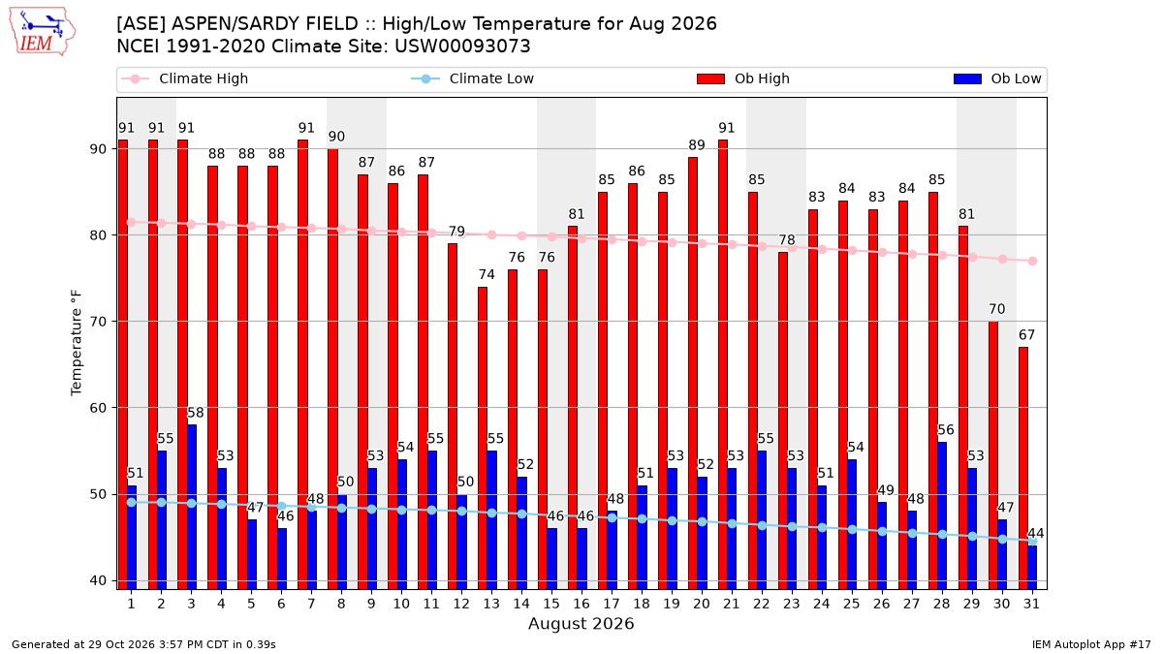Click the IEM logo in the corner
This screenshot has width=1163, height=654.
pos(43,32)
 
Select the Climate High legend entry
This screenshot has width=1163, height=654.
pos(184,78)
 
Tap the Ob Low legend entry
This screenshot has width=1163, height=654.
pos(997,78)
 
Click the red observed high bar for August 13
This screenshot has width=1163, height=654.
pos(483,438)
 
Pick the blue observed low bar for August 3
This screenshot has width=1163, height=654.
pos(192,507)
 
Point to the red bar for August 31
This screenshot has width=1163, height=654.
pos(1022,468)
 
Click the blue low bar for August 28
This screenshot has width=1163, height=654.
pos(942,515)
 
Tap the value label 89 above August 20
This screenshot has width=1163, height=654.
pos(697,145)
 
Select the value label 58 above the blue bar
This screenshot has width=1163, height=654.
pos(195,413)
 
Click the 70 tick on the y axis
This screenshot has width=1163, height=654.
pos(98,322)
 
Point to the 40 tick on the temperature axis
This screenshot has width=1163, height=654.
pos(98,580)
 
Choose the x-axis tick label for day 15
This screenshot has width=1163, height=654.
pos(551,604)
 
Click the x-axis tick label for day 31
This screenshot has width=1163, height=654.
pos(1031,604)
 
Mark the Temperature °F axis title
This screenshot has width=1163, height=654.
pos(77,343)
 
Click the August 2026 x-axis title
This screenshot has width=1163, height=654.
pos(581,623)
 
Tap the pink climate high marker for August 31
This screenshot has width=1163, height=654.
pos(1032,261)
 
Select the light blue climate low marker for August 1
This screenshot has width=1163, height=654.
pos(132,503)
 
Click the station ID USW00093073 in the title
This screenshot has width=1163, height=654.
pos(462,47)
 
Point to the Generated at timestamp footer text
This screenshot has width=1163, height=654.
pos(143,644)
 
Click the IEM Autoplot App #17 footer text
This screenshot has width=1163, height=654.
pos(1091,644)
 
